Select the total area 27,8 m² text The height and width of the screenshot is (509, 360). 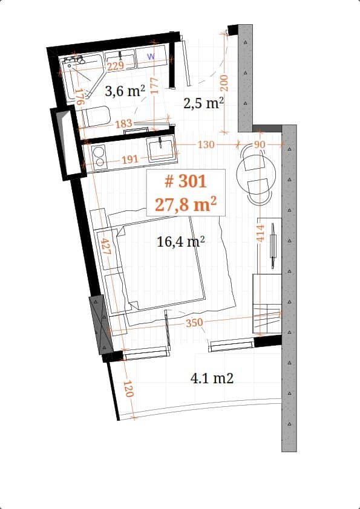186,204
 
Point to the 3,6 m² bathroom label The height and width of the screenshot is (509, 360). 125,91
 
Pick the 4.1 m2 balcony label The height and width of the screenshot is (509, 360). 212,378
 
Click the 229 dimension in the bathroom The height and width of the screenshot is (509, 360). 116,66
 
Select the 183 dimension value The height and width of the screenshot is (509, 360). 123,124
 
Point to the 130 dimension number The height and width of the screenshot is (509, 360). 206,144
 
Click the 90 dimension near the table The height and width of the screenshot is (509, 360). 260,144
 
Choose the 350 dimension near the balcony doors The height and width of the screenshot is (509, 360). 194,323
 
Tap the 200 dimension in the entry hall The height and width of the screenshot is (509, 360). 223,85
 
